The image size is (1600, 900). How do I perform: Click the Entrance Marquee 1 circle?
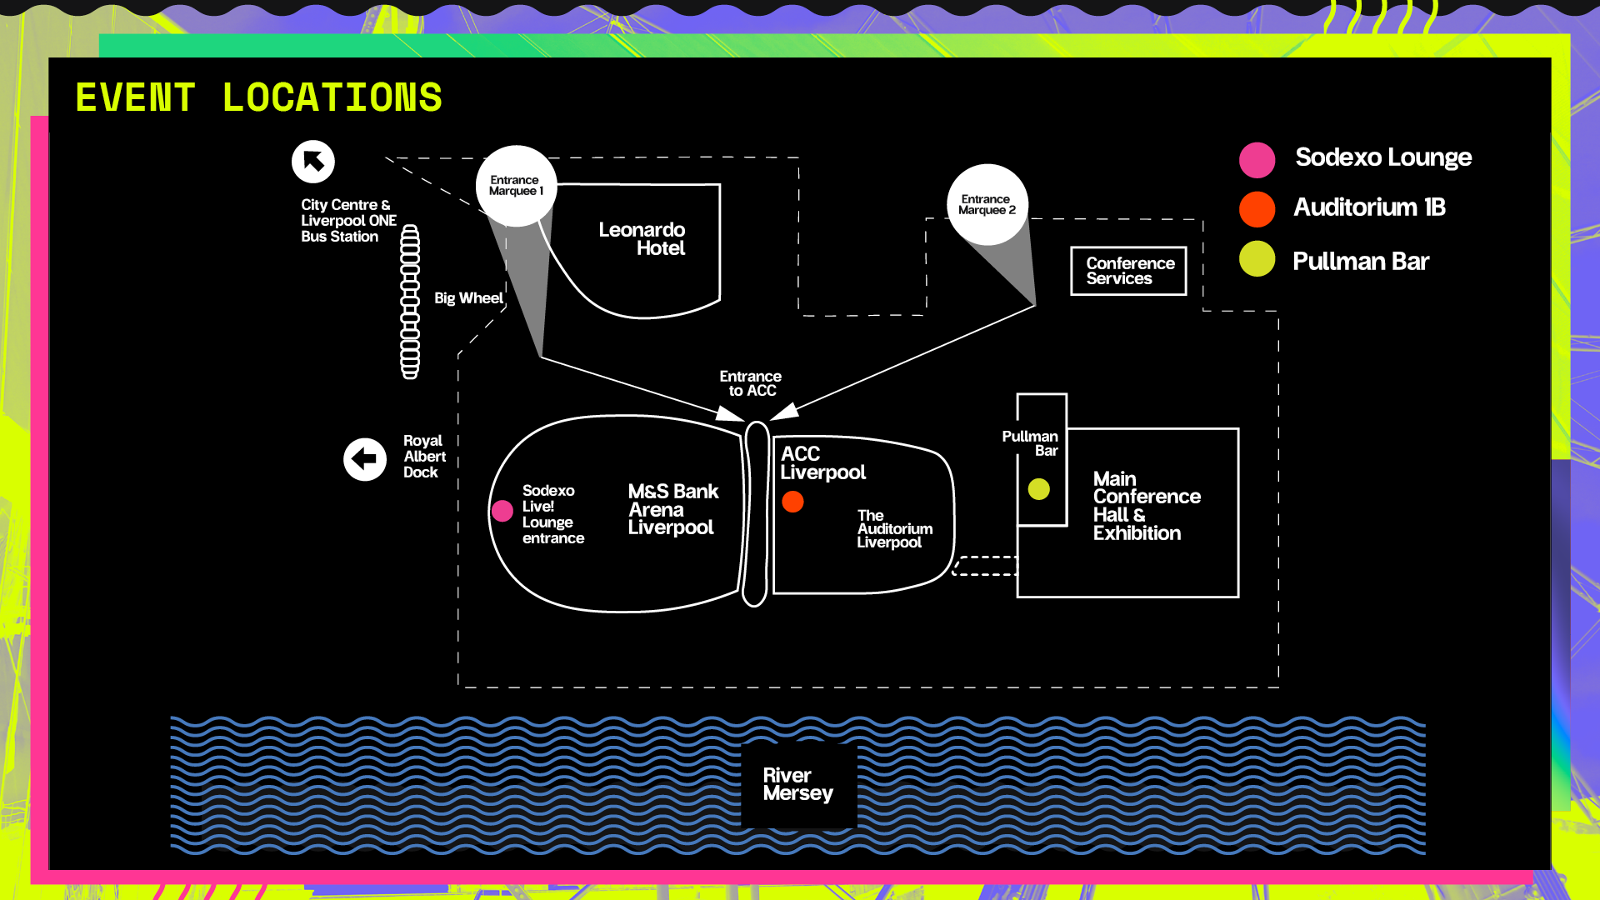click(x=516, y=186)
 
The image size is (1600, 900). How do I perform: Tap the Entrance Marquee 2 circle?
click(x=987, y=205)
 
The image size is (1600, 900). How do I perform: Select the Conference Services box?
click(x=1128, y=271)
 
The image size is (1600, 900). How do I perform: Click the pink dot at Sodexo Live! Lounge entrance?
click(x=502, y=511)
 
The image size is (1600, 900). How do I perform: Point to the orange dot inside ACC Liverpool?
click(x=792, y=502)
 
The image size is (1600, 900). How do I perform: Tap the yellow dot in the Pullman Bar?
click(x=1038, y=489)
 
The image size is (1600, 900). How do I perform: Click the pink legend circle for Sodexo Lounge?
click(x=1257, y=160)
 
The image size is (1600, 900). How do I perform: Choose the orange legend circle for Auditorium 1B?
click(x=1257, y=209)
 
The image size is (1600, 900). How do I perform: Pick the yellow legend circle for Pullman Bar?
click(x=1257, y=259)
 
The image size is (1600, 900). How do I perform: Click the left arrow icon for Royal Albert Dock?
click(x=365, y=459)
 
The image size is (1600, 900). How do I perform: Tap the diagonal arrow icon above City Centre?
click(x=313, y=162)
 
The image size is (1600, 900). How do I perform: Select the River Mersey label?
click(x=797, y=785)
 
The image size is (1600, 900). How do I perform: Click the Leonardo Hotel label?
click(x=642, y=239)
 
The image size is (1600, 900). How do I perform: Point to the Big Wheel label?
click(x=467, y=298)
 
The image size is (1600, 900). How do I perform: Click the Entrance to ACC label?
click(x=751, y=383)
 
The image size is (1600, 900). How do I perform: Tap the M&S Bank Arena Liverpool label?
click(x=672, y=509)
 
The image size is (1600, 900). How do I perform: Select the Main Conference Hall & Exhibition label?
click(x=1146, y=506)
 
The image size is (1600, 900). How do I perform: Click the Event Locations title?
click(x=258, y=97)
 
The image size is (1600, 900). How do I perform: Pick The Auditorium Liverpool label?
click(x=894, y=529)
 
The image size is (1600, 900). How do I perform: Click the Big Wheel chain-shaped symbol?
click(x=410, y=302)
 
